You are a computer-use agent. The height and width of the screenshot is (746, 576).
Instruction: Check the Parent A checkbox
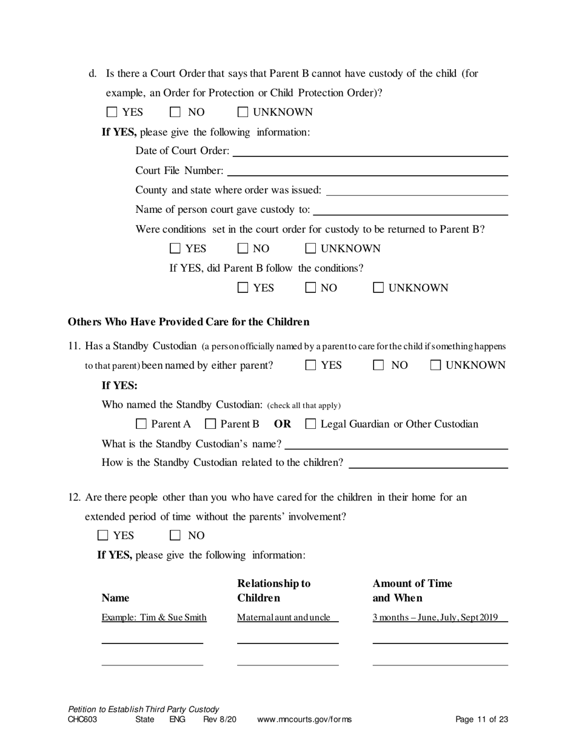pyautogui.click(x=141, y=424)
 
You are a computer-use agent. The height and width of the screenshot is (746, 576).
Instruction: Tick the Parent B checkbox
pyautogui.click(x=210, y=424)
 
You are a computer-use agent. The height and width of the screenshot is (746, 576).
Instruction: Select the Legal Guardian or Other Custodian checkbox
pyautogui.click(x=310, y=424)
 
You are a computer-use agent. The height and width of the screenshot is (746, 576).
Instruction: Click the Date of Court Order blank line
pyautogui.click(x=369, y=151)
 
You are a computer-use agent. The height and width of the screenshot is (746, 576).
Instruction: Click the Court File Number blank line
pyautogui.click(x=367, y=170)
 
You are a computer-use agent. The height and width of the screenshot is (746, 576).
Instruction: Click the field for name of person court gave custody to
pyautogui.click(x=410, y=210)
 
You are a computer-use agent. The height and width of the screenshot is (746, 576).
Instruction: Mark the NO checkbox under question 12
pyautogui.click(x=176, y=535)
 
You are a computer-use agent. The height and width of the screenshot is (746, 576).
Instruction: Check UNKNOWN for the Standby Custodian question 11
pyautogui.click(x=436, y=365)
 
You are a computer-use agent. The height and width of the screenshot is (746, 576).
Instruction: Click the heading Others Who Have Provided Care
pyautogui.click(x=189, y=321)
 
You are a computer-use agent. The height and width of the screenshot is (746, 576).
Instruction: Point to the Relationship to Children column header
pyautogui.click(x=273, y=591)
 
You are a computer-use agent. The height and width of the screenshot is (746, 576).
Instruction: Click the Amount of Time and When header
pyautogui.click(x=412, y=591)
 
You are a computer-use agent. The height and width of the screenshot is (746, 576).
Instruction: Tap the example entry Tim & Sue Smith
pyautogui.click(x=154, y=617)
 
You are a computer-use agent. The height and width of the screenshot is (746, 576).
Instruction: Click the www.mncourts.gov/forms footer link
pyautogui.click(x=304, y=720)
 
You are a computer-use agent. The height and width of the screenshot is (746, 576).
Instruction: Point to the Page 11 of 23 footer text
pyautogui.click(x=481, y=720)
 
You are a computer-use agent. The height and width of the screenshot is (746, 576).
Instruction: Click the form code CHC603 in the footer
pyautogui.click(x=82, y=720)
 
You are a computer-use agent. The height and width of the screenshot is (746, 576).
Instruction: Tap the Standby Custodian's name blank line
pyautogui.click(x=395, y=444)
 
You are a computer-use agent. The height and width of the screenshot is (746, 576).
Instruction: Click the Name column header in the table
pyautogui.click(x=115, y=598)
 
